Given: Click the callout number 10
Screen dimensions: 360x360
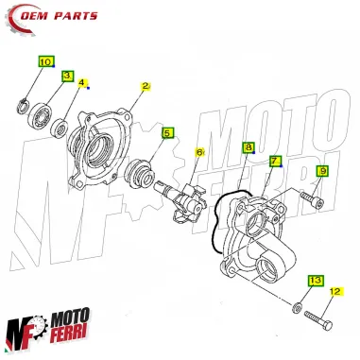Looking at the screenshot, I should (x=45, y=61).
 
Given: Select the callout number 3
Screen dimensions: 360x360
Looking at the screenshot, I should (x=67, y=76).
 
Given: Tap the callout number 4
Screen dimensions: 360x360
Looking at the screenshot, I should (x=83, y=82).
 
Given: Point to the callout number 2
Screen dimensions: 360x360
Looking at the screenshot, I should (x=146, y=87).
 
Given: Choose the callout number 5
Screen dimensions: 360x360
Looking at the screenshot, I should (x=167, y=133).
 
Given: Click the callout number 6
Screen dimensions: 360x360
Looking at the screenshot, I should (x=199, y=152).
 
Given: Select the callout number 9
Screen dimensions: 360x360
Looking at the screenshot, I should (x=321, y=171).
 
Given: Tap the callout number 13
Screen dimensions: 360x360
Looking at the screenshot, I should (x=316, y=281).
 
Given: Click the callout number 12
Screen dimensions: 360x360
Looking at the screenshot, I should (x=333, y=293).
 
